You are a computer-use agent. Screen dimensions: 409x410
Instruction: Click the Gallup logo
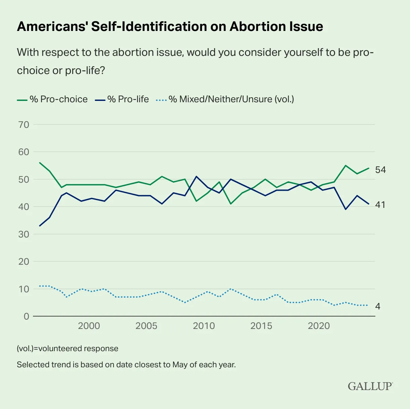point(370,386)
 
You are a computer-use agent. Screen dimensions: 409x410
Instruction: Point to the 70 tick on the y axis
point(24,124)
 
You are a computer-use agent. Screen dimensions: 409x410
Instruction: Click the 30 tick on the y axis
point(24,234)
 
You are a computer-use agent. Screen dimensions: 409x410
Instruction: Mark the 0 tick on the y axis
point(26,317)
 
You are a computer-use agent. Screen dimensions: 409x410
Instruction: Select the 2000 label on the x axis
point(89,326)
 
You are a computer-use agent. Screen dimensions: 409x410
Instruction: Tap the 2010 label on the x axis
point(204,326)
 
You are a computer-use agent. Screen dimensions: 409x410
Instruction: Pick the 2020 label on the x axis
point(319,326)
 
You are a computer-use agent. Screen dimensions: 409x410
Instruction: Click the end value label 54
point(380,170)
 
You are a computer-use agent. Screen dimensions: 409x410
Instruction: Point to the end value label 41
point(380,204)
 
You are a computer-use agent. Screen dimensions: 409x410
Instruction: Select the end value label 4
point(378,306)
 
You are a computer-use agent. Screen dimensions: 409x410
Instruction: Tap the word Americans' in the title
point(52,27)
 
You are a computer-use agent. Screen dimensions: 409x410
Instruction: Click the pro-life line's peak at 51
point(197,176)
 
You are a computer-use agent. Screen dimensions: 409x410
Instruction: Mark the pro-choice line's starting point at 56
point(40,163)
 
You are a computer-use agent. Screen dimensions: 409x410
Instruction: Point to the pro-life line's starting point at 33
point(40,226)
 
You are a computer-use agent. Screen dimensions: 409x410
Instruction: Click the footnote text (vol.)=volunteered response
point(68,348)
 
